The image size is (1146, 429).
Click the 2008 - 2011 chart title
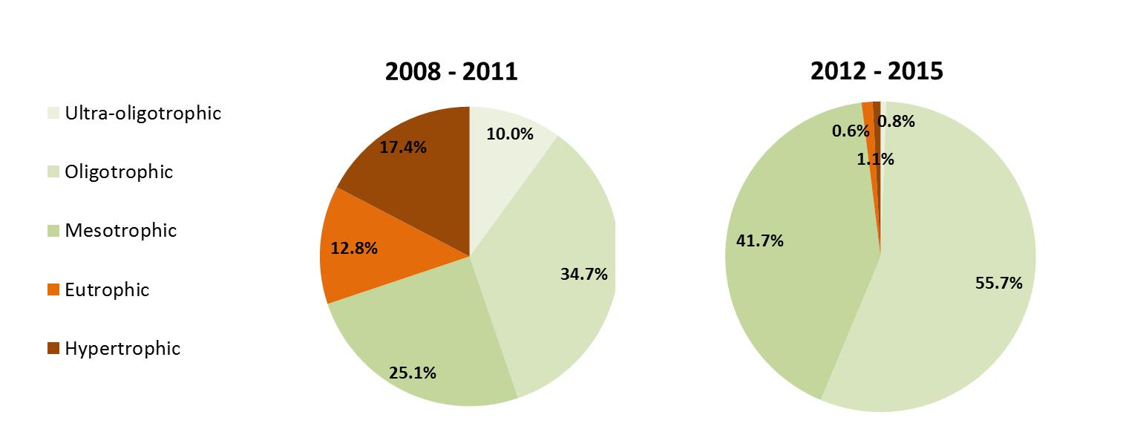(451, 72)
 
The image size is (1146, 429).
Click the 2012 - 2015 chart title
(877, 71)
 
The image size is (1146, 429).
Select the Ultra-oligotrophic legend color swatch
(53, 114)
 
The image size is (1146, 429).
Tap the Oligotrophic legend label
(119, 172)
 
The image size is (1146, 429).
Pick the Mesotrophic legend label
(121, 231)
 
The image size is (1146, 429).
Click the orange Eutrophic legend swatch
(53, 290)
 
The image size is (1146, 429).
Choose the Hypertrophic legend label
(122, 349)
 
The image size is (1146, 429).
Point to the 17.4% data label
(403, 147)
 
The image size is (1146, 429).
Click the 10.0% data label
(510, 134)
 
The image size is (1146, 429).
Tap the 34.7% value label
(583, 275)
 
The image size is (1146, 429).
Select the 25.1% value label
(412, 373)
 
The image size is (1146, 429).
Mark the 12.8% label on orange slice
(354, 249)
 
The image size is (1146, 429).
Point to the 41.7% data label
(759, 240)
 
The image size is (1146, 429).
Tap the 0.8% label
(897, 122)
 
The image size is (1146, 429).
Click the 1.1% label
(876, 159)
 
